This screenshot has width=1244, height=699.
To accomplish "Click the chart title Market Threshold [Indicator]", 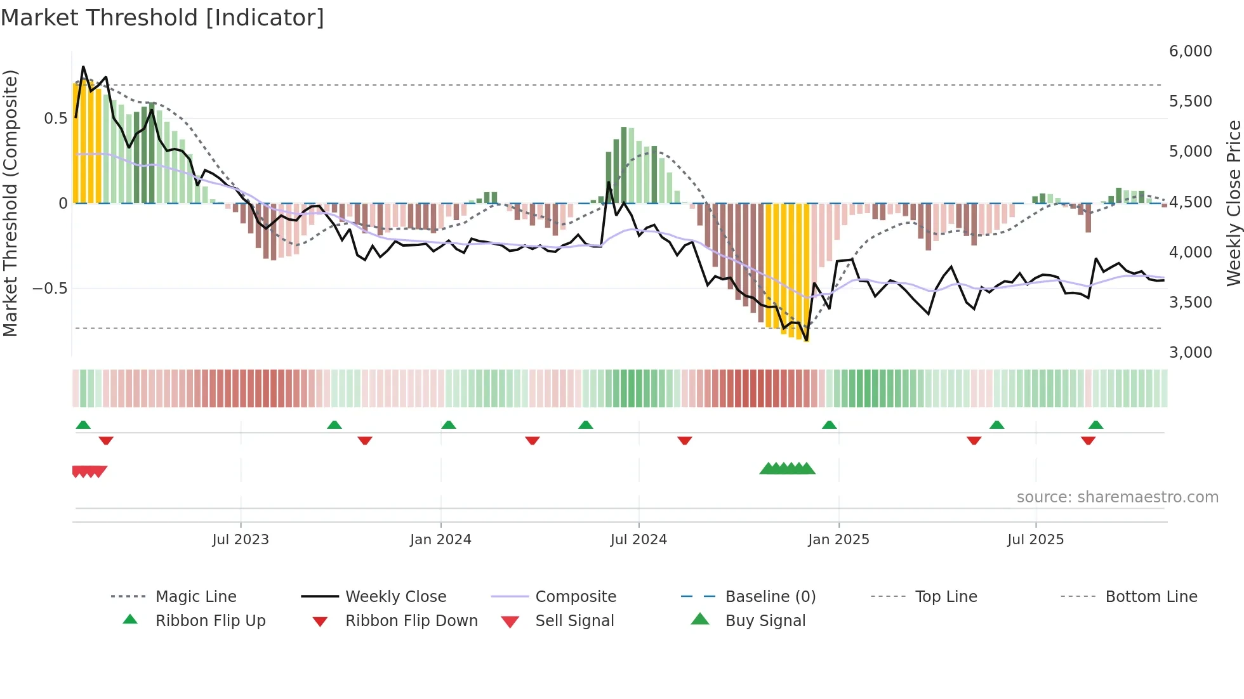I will [x=162, y=18].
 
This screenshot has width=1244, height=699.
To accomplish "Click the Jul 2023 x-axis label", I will [x=241, y=540].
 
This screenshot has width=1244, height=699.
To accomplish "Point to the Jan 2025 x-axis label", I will [x=838, y=540].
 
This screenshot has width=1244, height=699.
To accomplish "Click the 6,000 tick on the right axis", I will [x=1190, y=51].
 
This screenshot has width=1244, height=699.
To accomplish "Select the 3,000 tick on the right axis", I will [x=1190, y=353].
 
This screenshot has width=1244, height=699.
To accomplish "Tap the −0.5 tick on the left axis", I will [x=50, y=289].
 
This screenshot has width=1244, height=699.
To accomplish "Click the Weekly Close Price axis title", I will [x=1233, y=203].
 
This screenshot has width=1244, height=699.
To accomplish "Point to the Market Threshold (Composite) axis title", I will [x=10, y=203].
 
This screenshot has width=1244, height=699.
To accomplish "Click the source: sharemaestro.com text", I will [x=1117, y=497].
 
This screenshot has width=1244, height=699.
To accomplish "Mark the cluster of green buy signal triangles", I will [x=787, y=469].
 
